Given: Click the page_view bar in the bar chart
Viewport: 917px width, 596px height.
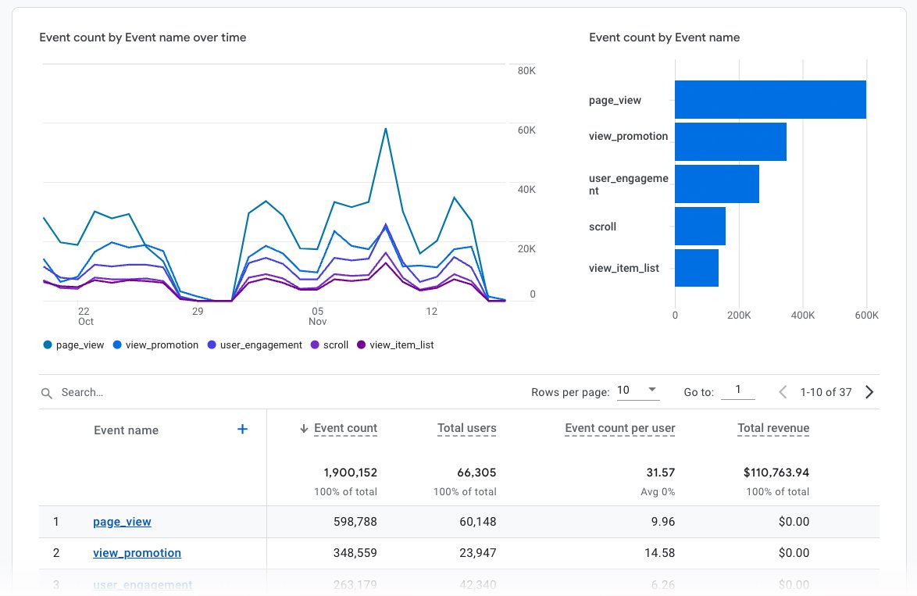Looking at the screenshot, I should click(x=769, y=100).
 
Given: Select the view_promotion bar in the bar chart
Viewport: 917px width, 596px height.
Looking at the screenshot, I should click(x=730, y=141).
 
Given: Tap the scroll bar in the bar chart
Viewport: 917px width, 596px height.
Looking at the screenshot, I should click(x=700, y=226).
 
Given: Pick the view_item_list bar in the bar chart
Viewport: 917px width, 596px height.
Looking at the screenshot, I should click(x=696, y=268).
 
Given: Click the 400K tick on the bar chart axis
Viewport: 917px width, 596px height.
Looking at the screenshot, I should click(x=802, y=316).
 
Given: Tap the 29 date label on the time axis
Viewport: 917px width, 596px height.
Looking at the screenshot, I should click(x=198, y=312).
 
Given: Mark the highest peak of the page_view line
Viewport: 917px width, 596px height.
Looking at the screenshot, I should click(x=385, y=129).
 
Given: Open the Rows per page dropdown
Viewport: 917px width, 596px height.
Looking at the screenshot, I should click(x=638, y=391).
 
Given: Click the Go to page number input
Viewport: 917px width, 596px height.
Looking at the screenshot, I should click(x=737, y=391).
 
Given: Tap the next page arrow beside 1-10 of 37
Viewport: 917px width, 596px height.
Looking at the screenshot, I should click(x=869, y=392).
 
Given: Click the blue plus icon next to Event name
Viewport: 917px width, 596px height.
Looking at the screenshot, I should click(x=242, y=429).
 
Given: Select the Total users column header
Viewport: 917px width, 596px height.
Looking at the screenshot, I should click(x=466, y=428).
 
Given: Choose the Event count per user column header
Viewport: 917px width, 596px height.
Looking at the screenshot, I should click(x=619, y=428).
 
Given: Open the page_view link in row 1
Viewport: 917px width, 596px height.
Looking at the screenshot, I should click(x=122, y=522).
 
